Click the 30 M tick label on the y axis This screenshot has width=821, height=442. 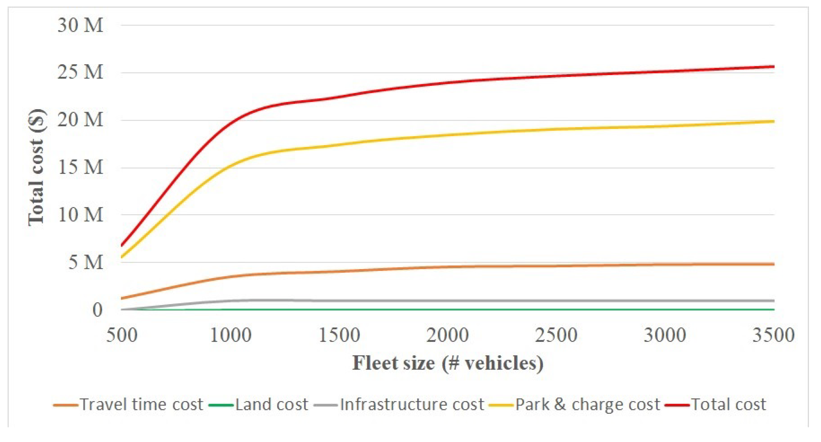click(x=80, y=25)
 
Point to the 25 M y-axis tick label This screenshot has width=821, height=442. click(x=80, y=72)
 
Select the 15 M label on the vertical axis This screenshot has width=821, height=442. click(x=80, y=167)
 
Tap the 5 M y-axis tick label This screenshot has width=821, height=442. click(x=86, y=262)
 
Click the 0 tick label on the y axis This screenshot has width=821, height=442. click(x=98, y=310)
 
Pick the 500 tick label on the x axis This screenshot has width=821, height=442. click(x=122, y=335)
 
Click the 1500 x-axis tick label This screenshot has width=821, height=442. click(x=339, y=335)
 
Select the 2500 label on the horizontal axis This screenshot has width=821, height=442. click(x=556, y=335)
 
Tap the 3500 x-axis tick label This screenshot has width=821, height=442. click(x=773, y=335)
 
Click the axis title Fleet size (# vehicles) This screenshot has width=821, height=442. click(x=447, y=363)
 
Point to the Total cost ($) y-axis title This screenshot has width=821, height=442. click(x=36, y=167)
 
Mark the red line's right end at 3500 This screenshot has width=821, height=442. click(x=774, y=67)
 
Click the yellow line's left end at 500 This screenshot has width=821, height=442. click(x=122, y=257)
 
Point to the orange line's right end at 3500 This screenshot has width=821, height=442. click(x=774, y=264)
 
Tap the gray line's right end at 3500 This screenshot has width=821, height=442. click(x=774, y=301)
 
